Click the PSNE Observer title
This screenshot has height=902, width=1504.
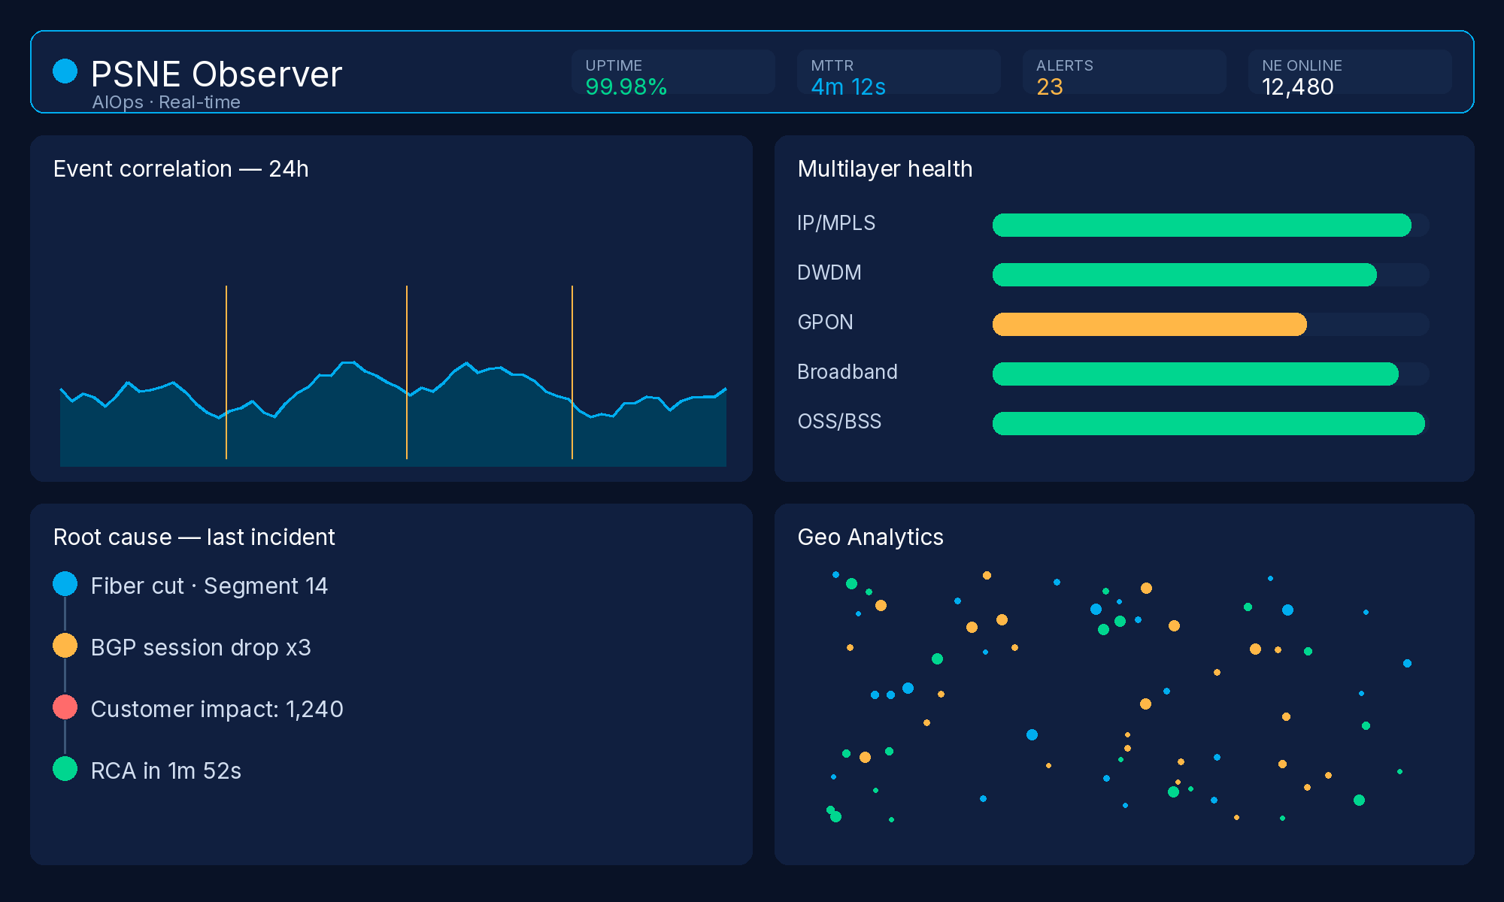pos(217,74)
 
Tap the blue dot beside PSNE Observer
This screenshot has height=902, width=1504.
pos(65,71)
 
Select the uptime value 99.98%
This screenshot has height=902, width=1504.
pos(626,87)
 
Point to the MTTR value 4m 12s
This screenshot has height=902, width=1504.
pos(848,87)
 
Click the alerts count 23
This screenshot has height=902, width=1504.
pos(1050,87)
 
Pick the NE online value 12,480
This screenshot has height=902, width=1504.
pos(1298,87)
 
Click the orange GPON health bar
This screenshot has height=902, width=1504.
pos(1150,324)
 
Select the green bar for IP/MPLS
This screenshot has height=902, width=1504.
pos(1202,225)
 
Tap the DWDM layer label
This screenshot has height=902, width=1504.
pos(829,272)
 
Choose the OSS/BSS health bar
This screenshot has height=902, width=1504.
pos(1208,423)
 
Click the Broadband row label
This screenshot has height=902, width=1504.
pos(848,371)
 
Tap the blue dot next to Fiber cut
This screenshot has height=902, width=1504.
pos(65,584)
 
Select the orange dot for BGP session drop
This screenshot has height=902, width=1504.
pos(65,646)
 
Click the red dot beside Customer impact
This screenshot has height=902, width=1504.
pos(65,707)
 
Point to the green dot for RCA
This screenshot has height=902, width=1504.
pos(65,769)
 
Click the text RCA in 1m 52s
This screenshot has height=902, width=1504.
pos(166,770)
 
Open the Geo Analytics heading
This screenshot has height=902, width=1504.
pos(870,537)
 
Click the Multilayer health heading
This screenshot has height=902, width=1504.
pos(885,168)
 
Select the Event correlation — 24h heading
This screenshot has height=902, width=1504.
pos(181,168)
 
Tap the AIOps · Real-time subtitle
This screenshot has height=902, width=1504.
pos(166,102)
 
